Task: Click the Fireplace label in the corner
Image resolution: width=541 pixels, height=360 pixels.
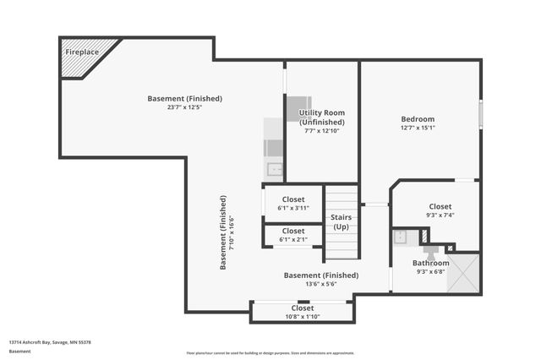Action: [x=82, y=52]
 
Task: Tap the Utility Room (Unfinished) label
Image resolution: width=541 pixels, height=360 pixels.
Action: [x=321, y=117]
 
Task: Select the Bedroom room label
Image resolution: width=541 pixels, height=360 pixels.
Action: [x=418, y=119]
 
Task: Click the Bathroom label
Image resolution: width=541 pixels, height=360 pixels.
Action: [x=431, y=263]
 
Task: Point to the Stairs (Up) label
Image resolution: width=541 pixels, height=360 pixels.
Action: [x=342, y=222]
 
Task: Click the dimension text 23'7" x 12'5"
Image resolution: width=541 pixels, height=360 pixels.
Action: [x=184, y=106]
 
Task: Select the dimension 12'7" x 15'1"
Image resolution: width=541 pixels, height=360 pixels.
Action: [x=418, y=129]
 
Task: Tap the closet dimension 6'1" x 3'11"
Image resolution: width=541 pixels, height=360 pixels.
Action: [x=293, y=208]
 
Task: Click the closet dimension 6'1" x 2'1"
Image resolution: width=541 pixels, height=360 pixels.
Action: [x=293, y=239]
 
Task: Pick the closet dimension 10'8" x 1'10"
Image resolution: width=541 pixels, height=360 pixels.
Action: [x=303, y=316]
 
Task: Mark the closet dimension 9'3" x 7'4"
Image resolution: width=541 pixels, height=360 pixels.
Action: [x=440, y=215]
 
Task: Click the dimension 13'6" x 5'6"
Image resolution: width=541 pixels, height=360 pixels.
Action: [x=320, y=284]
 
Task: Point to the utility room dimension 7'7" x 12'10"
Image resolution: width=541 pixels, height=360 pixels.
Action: [x=321, y=131]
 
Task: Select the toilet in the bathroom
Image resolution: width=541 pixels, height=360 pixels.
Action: [x=429, y=250]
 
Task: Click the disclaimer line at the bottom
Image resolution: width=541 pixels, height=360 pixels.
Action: [x=270, y=352]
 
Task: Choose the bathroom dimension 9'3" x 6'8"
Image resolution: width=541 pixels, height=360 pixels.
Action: [x=431, y=271]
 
